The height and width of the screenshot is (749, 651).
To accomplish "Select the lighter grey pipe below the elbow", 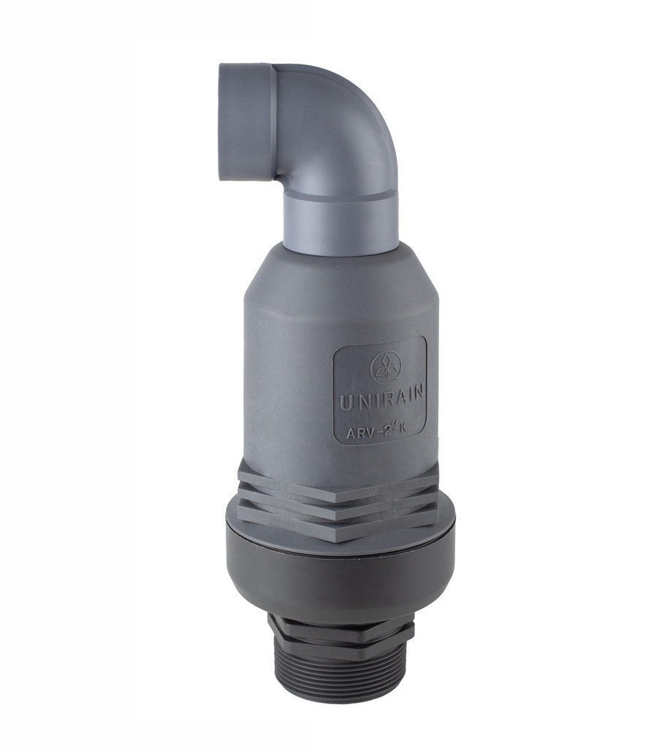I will click(340, 219).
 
